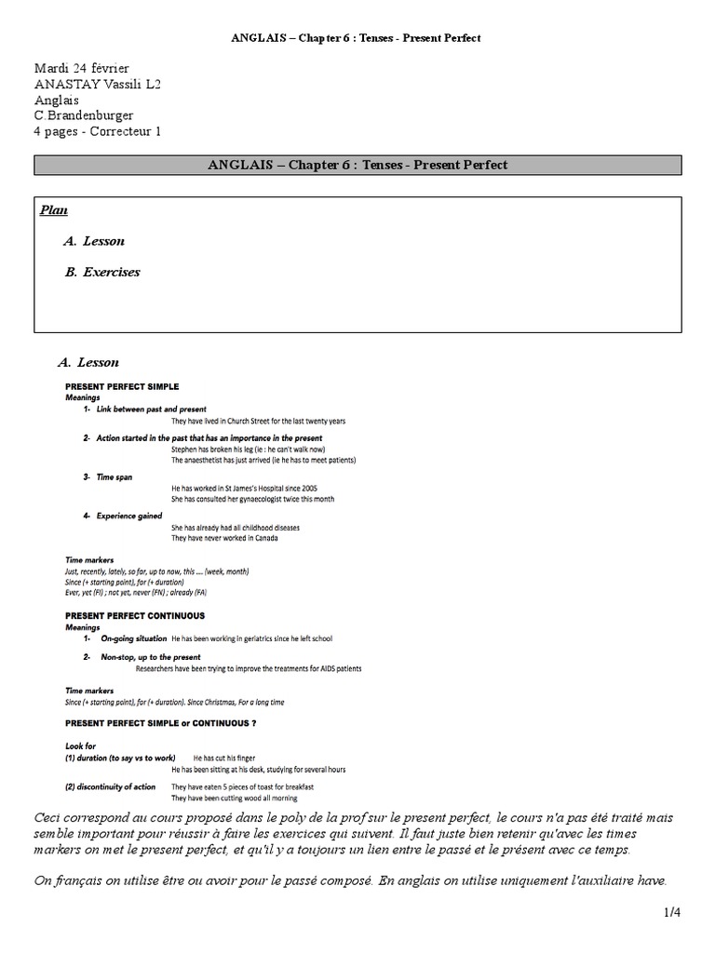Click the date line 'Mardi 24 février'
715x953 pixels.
tap(82, 69)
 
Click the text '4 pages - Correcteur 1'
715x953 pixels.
tap(98, 132)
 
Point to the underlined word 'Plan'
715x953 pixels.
tap(53, 210)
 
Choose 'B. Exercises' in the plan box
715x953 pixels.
tap(102, 273)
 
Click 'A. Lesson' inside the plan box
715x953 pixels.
tap(94, 241)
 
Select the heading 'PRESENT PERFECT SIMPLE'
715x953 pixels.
tap(121, 386)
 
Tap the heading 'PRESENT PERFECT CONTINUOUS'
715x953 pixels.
tap(134, 616)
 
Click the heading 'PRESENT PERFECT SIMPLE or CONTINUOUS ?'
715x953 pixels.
tap(160, 722)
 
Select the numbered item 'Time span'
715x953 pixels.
tap(114, 476)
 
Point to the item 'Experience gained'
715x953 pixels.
tap(128, 516)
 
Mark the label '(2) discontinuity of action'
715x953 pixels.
tap(110, 787)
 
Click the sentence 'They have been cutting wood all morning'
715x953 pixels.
tap(234, 799)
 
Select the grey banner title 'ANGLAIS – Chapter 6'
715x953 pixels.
tap(357, 166)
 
